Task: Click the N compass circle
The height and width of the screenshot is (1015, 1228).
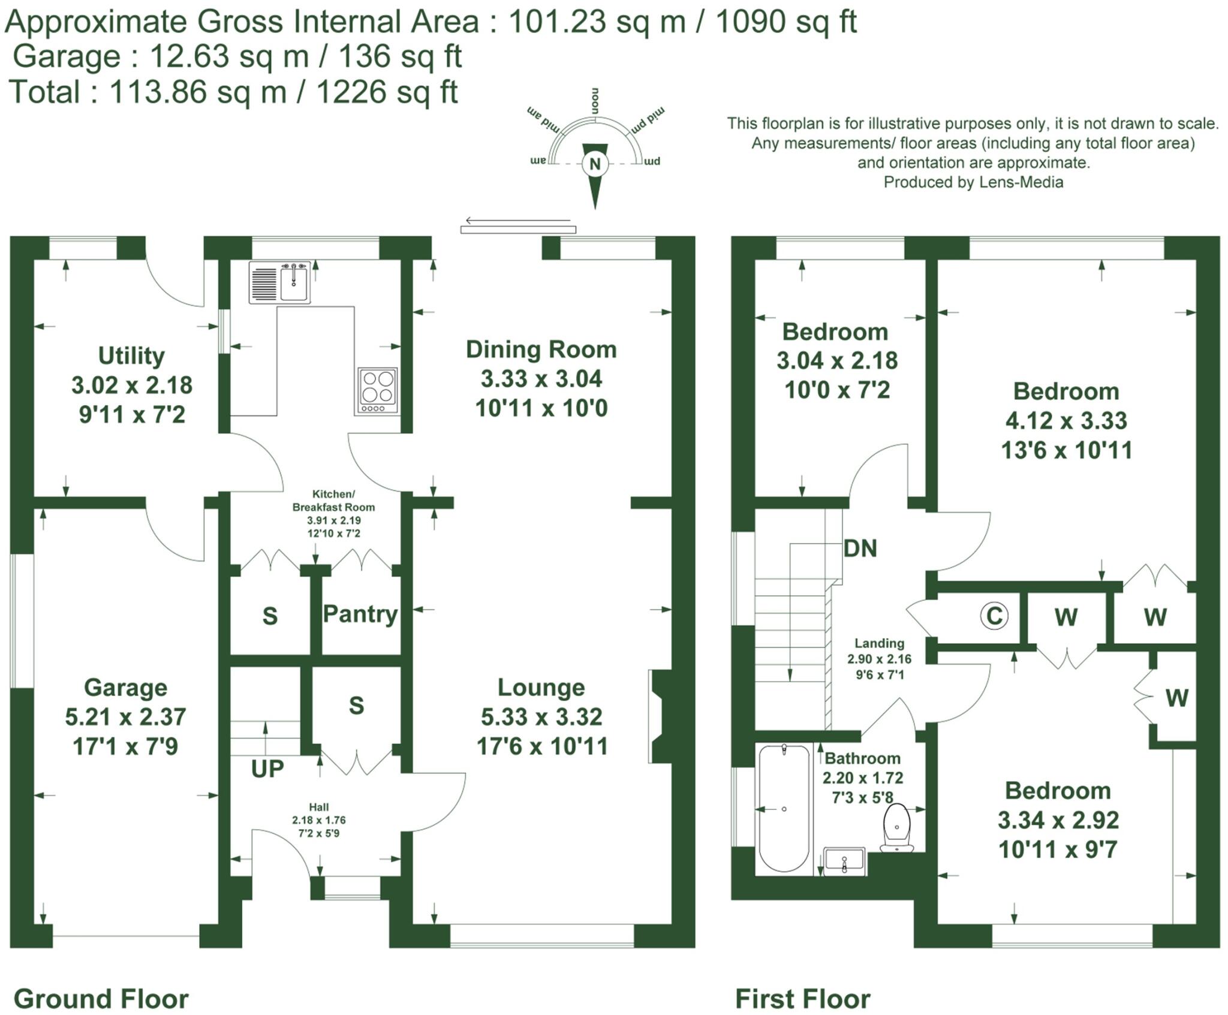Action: click(x=595, y=164)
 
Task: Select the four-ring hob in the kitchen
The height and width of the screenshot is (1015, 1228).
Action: click(x=378, y=390)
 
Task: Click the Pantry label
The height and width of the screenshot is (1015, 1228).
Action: click(x=360, y=614)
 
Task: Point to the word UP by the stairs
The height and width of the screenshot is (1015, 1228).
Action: click(x=267, y=768)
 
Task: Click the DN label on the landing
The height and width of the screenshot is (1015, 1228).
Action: click(x=860, y=548)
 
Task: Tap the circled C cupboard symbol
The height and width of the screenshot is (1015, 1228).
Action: click(x=994, y=616)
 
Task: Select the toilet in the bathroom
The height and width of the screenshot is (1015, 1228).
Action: click(x=897, y=828)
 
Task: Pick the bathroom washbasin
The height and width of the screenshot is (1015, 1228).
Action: click(x=844, y=862)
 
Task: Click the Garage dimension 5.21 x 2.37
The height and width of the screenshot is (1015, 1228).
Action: click(x=126, y=717)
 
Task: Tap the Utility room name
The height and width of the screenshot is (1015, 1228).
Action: click(x=131, y=356)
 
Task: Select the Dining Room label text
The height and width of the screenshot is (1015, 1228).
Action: click(x=541, y=350)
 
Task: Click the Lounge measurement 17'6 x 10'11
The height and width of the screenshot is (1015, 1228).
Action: click(x=542, y=746)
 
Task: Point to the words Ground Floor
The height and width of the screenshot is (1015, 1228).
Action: click(x=101, y=999)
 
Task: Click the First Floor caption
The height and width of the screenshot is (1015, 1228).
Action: click(x=803, y=999)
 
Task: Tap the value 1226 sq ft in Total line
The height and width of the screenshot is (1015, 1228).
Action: click(x=387, y=92)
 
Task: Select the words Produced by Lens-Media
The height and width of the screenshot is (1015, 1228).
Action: click(x=973, y=182)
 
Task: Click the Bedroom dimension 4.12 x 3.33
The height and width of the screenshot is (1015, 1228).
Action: click(x=1066, y=421)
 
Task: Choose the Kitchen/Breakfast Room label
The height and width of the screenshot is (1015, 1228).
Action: click(x=333, y=500)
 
